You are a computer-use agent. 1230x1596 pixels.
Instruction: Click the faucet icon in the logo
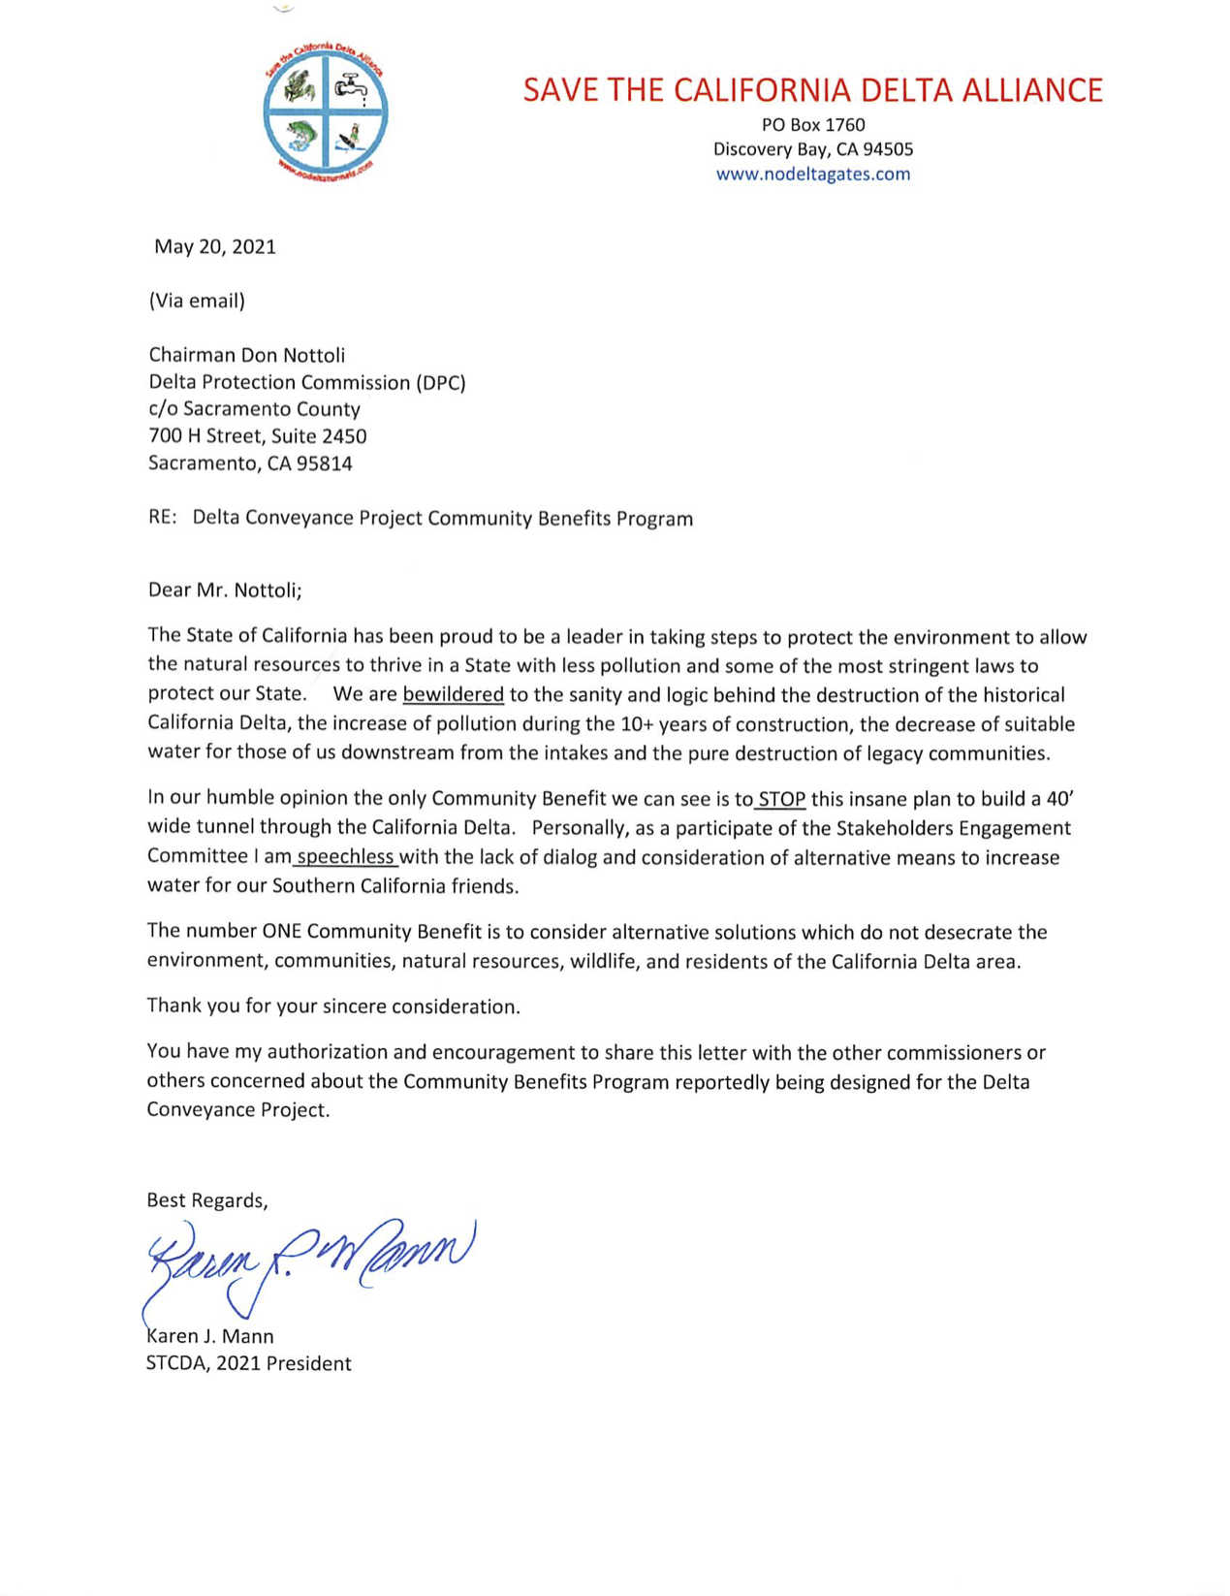(352, 87)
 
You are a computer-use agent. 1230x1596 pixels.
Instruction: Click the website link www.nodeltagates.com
(812, 175)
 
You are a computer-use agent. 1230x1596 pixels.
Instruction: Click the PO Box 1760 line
(812, 125)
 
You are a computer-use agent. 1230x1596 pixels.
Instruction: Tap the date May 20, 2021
(215, 247)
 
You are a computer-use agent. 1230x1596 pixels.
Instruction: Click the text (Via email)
(197, 301)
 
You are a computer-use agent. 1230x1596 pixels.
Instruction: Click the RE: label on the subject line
(162, 518)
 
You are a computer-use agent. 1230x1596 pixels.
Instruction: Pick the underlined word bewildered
(453, 695)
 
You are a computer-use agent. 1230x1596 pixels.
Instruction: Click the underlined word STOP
(781, 800)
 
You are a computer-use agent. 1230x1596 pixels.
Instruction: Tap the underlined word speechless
(346, 857)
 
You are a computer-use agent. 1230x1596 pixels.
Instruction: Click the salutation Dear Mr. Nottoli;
(225, 590)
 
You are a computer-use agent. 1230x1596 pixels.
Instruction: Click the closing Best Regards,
(206, 1200)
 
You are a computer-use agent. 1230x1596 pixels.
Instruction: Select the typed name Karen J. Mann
(210, 1336)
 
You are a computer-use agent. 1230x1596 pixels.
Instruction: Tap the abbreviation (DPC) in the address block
(440, 383)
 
